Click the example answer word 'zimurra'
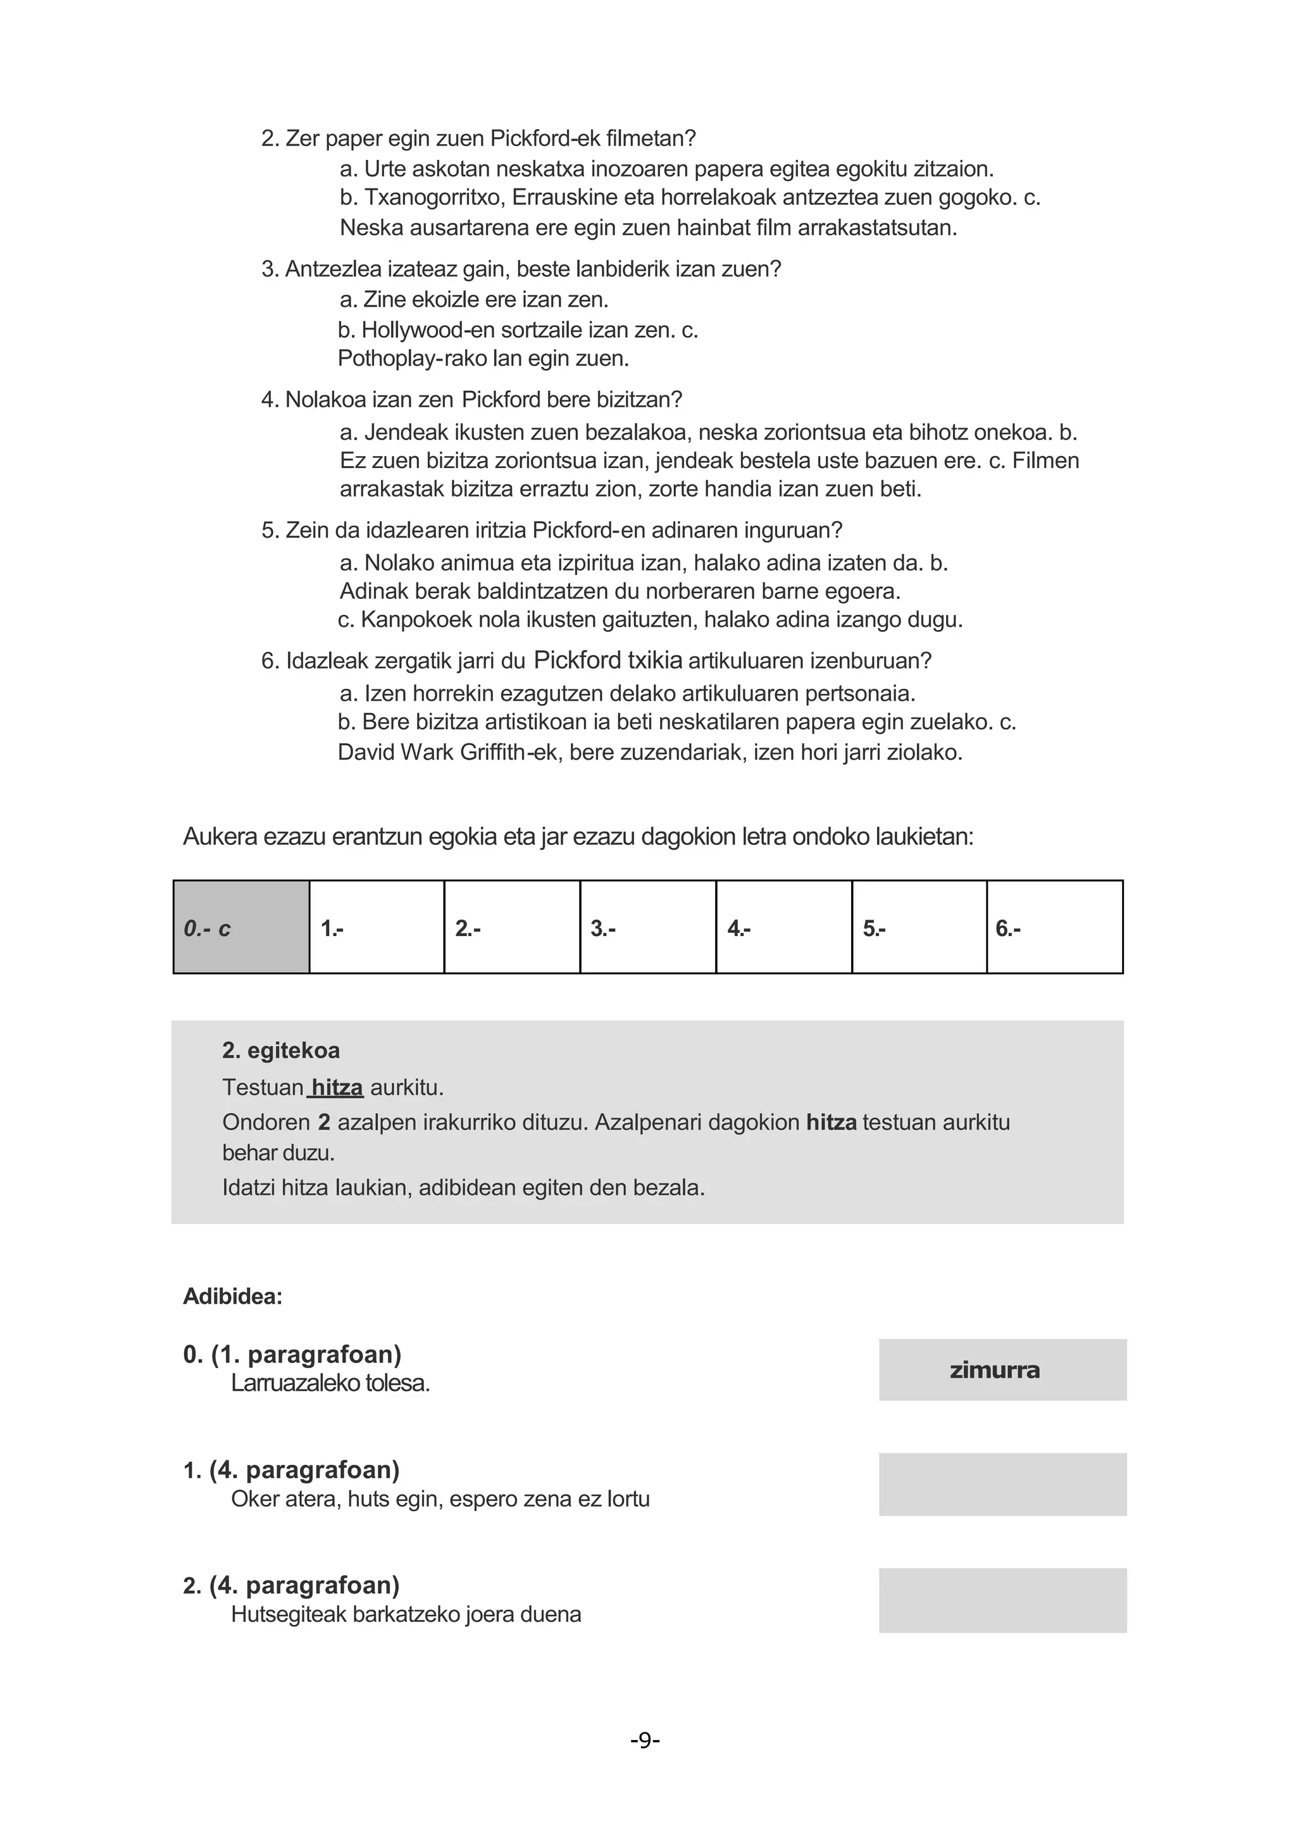994,1370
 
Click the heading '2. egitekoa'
281,1050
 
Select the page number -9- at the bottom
645,1739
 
